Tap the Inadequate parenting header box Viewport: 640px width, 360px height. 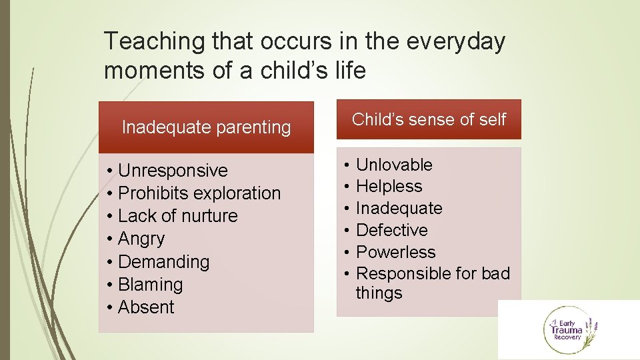point(206,127)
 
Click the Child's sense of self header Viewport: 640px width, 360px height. point(429,119)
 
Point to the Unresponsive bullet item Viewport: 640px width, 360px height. point(172,171)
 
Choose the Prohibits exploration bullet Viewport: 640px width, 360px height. point(199,193)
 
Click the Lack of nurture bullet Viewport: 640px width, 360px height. point(177,216)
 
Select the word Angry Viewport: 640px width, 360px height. point(141,239)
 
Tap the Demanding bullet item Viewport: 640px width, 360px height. point(163,262)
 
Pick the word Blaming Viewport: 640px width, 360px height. point(150,285)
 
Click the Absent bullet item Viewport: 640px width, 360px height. point(145,307)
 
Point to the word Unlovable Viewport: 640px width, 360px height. point(394,165)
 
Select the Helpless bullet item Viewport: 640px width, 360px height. point(389,187)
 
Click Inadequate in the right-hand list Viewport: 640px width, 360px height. point(399,209)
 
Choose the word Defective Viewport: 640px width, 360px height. point(392,230)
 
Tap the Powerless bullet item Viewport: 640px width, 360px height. point(395,252)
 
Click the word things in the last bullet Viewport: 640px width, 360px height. point(379,293)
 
